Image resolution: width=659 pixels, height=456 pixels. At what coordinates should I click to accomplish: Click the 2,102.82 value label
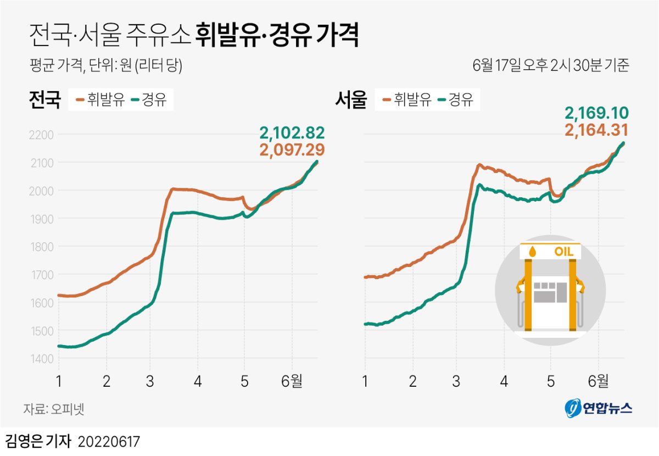[x=292, y=132]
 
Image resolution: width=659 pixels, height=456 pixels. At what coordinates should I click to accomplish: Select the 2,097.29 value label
[x=292, y=149]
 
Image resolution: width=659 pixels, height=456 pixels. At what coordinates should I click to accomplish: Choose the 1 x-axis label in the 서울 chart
[x=365, y=381]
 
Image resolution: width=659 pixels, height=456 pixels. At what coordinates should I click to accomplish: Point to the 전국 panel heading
[x=44, y=101]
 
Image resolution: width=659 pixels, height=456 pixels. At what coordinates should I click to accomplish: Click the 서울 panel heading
[x=350, y=101]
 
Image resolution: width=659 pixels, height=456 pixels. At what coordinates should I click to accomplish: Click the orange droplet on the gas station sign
[x=532, y=252]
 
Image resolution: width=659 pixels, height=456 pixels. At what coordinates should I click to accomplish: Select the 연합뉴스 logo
[x=599, y=408]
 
